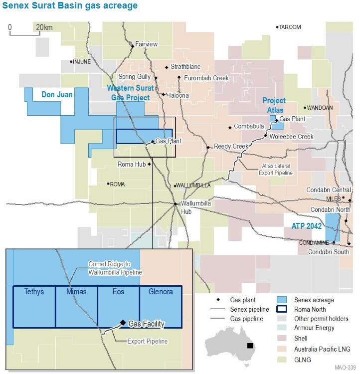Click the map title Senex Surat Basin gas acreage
tap(69, 6)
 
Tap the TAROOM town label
tap(290, 27)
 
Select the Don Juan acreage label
tap(57, 94)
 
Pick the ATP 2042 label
tap(306, 227)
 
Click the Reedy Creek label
tap(231, 146)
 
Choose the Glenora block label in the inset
tap(160, 292)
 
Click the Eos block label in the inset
tap(119, 292)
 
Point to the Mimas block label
tap(76, 292)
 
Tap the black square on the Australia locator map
tap(249, 346)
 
